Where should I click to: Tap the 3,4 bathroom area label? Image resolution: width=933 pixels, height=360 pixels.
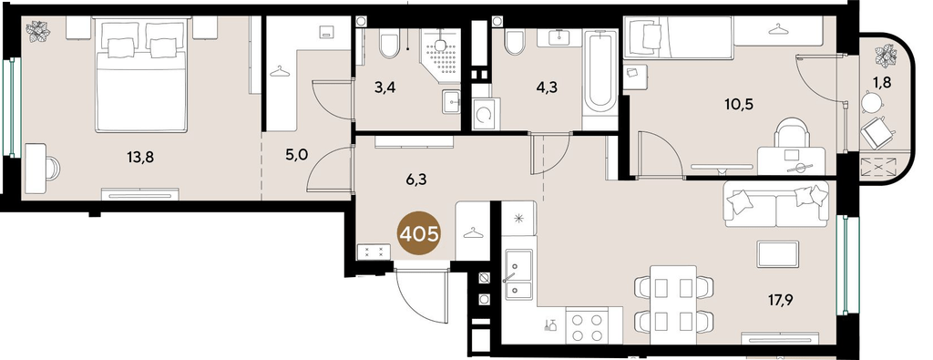[386, 89]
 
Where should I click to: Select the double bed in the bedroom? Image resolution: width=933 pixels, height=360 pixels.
[141, 76]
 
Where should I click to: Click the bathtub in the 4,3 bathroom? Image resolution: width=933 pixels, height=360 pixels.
[600, 77]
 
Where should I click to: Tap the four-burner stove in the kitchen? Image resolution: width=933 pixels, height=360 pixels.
[587, 326]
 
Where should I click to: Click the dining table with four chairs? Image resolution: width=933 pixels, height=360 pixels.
[673, 303]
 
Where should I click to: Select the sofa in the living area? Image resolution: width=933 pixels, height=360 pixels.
[776, 204]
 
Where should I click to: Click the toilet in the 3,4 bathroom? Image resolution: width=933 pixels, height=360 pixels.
[390, 44]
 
